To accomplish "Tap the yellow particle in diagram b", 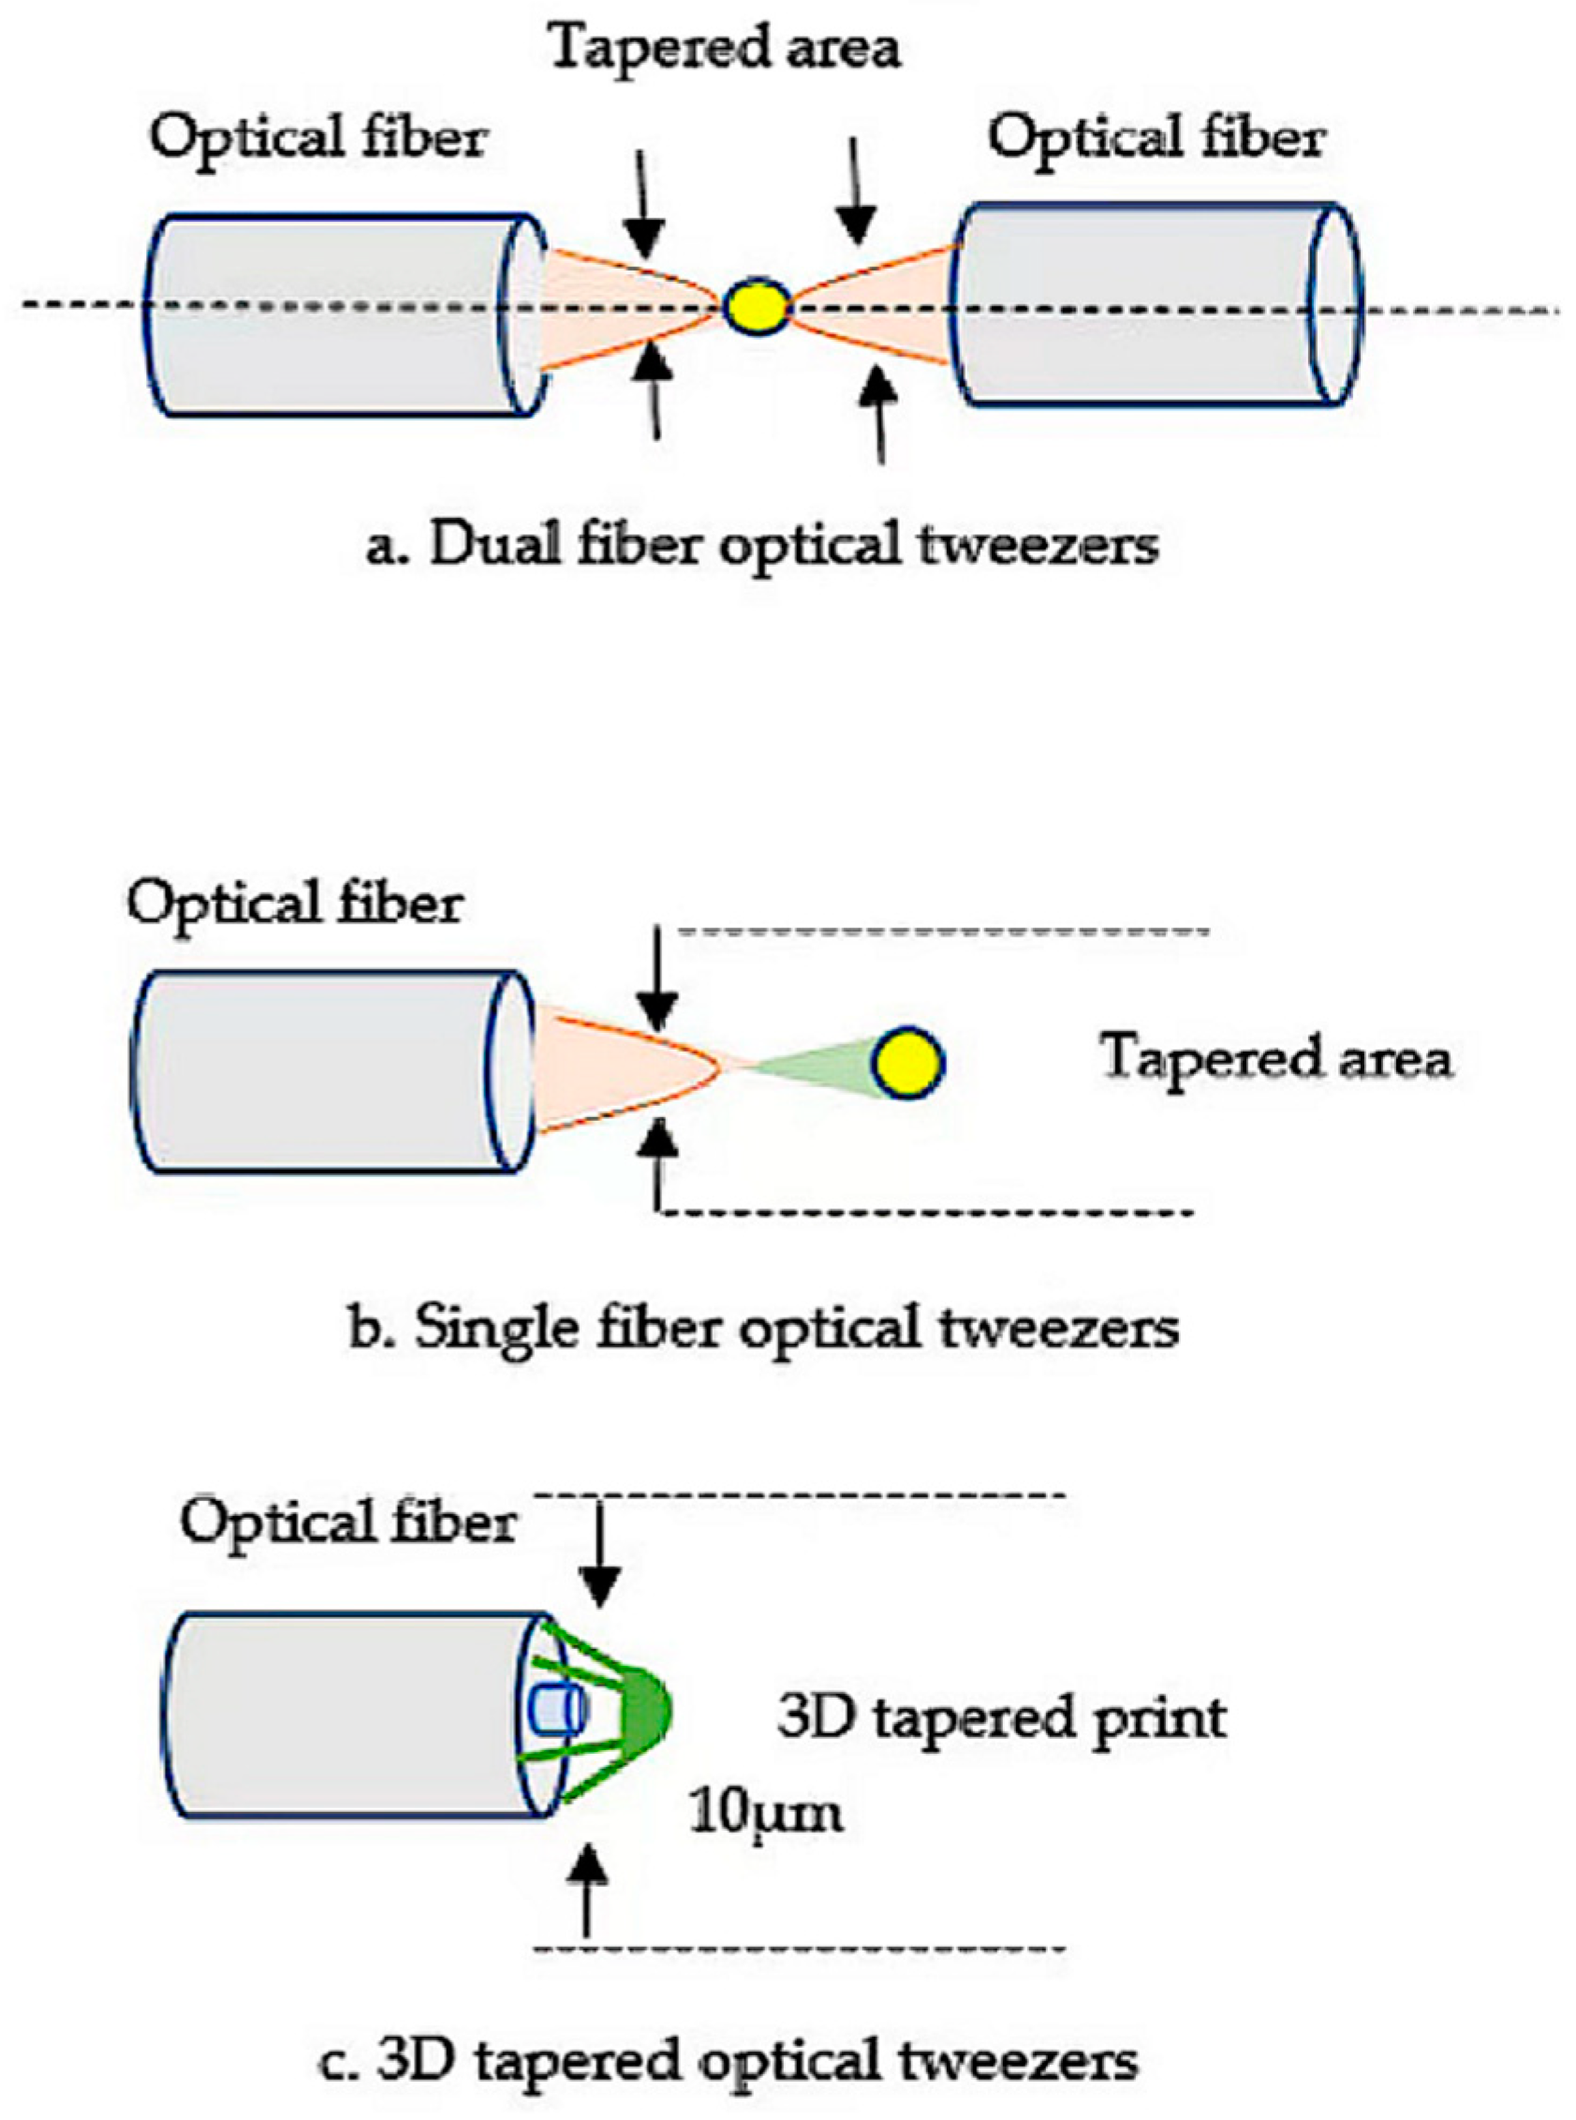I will [910, 1063].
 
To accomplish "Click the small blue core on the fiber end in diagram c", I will [557, 1710].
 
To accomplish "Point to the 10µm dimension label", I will [767, 1812].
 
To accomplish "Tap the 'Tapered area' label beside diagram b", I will [1276, 1058].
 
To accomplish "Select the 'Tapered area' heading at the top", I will [725, 48].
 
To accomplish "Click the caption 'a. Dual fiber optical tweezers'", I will [763, 546].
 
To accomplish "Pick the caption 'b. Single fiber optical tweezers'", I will [763, 1329].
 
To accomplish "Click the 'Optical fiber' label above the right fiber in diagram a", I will [1156, 140].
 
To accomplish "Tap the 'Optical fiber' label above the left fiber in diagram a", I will [317, 140].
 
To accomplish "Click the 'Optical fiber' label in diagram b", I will [295, 905].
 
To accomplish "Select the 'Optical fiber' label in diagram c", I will [348, 1524].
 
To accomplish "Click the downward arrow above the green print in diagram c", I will [600, 1555].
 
